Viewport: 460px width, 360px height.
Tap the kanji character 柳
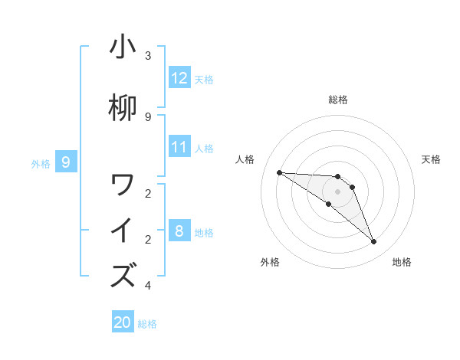(123, 107)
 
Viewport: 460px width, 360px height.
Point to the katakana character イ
(123, 231)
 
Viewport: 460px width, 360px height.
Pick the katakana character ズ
(123, 275)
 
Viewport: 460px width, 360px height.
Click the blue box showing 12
(179, 78)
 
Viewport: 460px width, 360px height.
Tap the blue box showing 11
(179, 147)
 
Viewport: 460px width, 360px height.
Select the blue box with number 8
(179, 231)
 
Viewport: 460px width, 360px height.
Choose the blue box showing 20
(123, 322)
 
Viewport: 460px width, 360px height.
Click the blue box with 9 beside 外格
(66, 162)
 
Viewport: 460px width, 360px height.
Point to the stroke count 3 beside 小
(148, 55)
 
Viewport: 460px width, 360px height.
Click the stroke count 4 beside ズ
(148, 286)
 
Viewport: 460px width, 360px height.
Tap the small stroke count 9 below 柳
(148, 116)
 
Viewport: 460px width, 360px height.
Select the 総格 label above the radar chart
(337, 100)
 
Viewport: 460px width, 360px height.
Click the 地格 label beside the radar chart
(402, 262)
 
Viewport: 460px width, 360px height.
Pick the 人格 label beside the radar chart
(245, 159)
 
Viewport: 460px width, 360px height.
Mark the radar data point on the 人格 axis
(279, 172)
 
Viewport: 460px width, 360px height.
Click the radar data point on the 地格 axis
(374, 242)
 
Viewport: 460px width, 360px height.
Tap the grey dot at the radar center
(337, 191)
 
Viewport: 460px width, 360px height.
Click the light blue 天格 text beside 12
(204, 79)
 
